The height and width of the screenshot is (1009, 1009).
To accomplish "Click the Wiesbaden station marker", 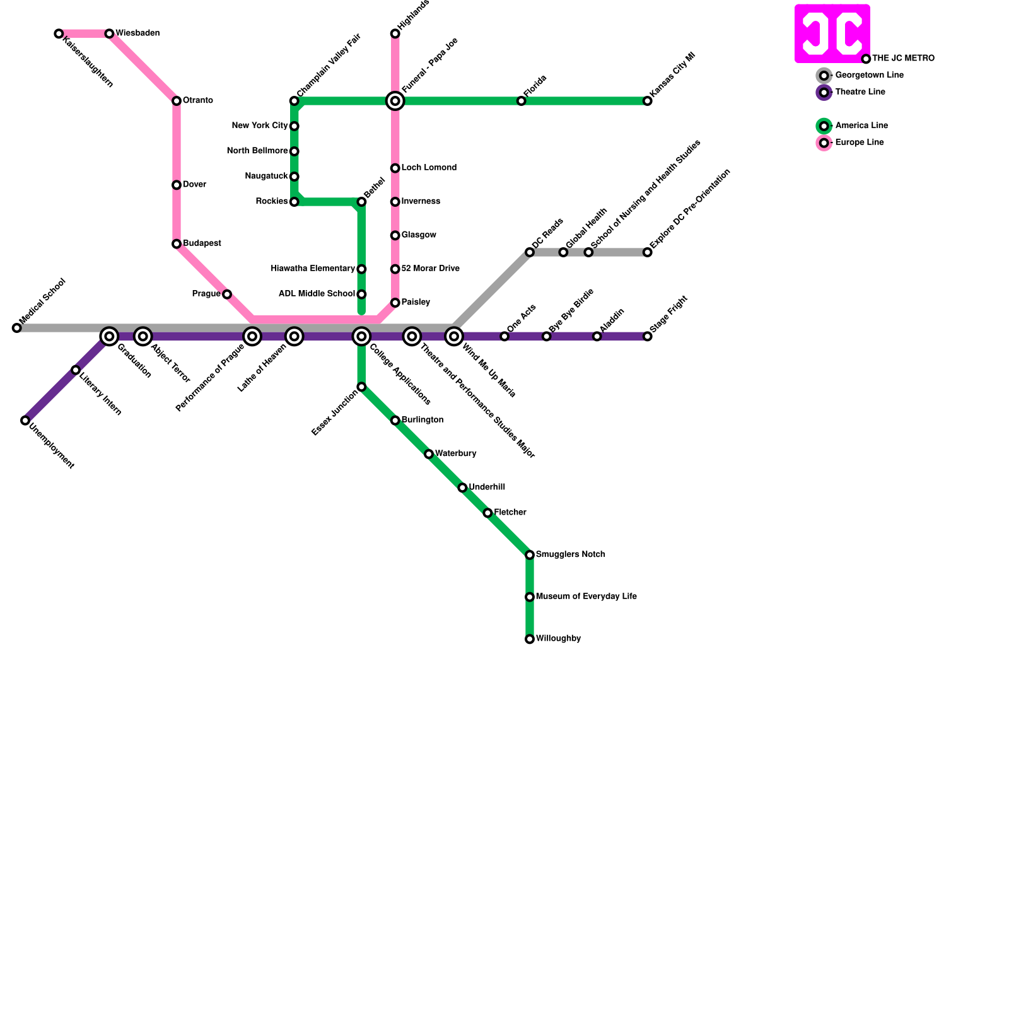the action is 109,33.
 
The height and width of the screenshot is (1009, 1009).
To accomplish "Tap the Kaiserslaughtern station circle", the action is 59,33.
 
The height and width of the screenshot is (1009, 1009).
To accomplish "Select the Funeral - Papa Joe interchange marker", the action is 395,101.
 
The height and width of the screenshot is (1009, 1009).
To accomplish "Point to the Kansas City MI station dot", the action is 647,101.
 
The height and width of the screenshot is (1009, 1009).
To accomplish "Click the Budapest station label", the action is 202,243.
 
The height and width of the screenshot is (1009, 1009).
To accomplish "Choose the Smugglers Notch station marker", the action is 530,555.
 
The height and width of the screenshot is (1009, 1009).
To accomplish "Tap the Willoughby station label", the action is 558,639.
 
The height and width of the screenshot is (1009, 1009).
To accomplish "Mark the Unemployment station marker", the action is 25,421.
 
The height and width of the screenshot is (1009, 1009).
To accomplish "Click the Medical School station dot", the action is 16,328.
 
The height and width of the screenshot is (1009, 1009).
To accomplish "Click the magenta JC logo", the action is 832,33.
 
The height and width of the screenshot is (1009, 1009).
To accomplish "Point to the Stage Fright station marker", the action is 647,336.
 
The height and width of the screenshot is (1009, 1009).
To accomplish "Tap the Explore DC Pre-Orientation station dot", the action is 647,252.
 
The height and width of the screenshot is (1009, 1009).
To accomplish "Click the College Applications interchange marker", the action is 361,336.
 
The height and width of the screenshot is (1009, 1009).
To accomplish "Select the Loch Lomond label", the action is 429,168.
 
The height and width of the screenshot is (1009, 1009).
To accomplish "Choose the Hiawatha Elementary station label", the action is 313,269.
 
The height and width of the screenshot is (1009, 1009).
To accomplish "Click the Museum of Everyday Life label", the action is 586,597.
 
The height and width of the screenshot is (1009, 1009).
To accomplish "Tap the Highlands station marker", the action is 395,33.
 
